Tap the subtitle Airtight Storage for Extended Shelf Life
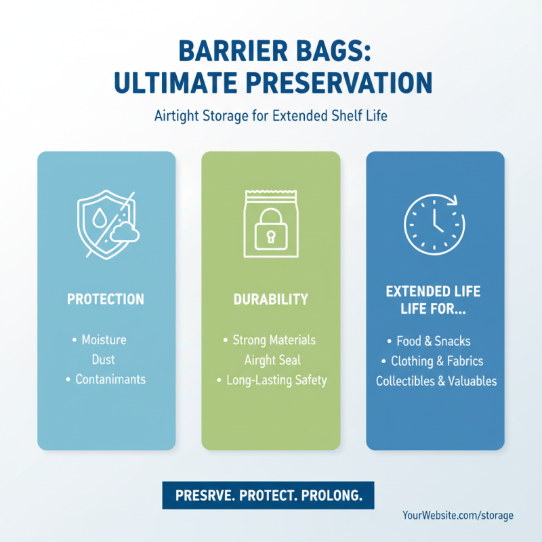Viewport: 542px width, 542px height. [271, 115]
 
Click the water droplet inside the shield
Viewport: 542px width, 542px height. [100, 218]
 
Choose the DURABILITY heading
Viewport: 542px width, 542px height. [270, 299]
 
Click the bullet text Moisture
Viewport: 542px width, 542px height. [104, 339]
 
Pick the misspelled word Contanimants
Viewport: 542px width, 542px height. [110, 379]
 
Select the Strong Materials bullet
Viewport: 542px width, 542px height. [274, 339]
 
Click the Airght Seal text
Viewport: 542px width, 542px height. [272, 360]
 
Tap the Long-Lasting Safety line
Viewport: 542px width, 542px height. [276, 380]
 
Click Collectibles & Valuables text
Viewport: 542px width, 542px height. [436, 381]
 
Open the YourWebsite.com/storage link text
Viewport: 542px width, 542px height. [457, 516]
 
